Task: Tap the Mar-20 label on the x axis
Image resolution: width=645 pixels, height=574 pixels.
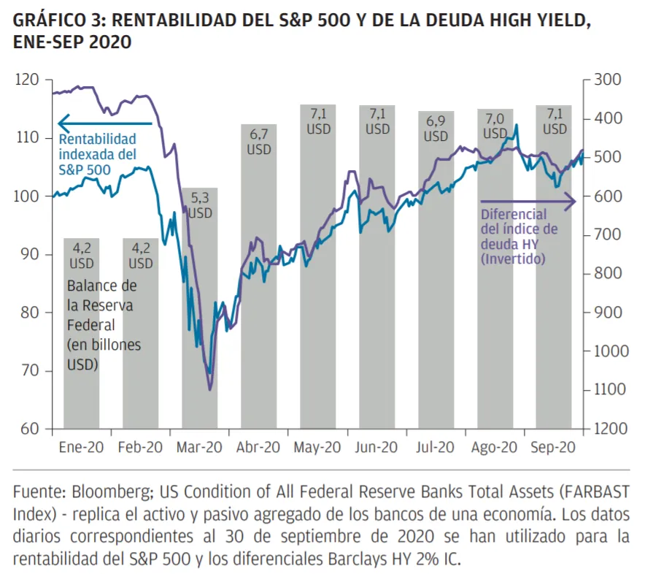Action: pyautogui.click(x=199, y=448)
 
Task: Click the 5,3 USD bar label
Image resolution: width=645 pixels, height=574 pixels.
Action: pyautogui.click(x=200, y=204)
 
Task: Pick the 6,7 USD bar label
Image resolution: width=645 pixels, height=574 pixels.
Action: pyautogui.click(x=259, y=142)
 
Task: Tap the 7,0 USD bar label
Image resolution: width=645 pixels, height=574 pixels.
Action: pyautogui.click(x=495, y=126)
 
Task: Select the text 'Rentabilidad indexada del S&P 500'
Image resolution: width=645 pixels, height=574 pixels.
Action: pyautogui.click(x=96, y=154)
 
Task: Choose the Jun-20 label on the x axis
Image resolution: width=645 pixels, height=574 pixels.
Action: pyautogui.click(x=377, y=448)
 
